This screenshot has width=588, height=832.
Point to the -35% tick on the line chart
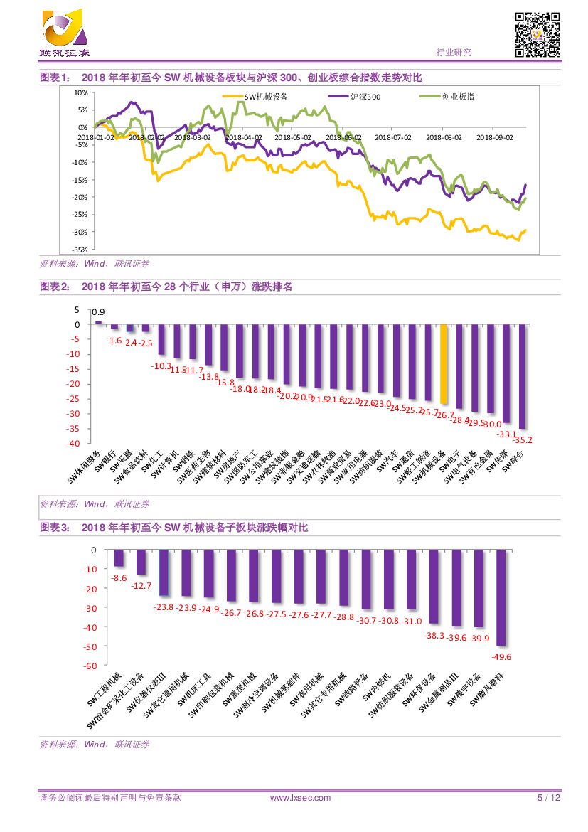click(80, 250)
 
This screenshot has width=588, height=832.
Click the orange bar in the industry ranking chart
click(444, 364)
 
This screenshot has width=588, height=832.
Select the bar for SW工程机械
click(119, 558)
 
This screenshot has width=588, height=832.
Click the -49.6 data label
click(502, 656)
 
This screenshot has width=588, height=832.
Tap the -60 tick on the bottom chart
click(90, 666)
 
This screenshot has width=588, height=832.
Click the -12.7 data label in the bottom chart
click(141, 585)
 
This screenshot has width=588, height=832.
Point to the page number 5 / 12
click(548, 798)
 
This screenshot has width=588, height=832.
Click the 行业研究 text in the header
click(453, 53)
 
